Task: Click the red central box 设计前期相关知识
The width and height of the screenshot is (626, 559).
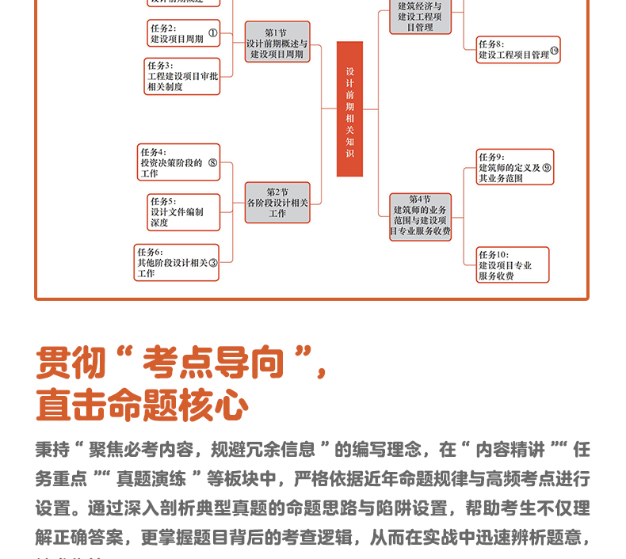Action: point(349,109)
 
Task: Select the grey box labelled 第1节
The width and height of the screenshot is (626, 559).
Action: point(277,43)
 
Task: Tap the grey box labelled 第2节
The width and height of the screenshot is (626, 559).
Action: point(277,202)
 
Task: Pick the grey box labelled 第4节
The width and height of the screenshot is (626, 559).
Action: point(420,216)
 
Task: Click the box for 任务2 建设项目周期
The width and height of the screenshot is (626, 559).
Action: point(183,33)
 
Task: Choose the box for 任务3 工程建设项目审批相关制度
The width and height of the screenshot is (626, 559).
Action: point(182,76)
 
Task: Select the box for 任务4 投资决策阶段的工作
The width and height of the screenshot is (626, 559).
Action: point(177,162)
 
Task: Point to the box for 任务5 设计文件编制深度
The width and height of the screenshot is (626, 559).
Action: point(183,211)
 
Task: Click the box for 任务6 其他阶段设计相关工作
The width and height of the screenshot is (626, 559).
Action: point(177,263)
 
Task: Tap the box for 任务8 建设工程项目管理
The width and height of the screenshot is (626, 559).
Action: point(517,50)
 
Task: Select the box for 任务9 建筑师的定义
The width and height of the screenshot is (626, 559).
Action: point(514,167)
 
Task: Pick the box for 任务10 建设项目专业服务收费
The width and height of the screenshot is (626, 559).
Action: point(512,265)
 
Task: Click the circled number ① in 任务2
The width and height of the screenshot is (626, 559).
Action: point(212,34)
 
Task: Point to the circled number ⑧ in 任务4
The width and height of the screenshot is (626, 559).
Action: point(212,163)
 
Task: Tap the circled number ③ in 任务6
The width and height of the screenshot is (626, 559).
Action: point(212,263)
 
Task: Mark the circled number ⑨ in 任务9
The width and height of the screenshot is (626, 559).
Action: point(547,168)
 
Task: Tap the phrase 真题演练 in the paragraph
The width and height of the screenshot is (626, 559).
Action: point(151,479)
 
